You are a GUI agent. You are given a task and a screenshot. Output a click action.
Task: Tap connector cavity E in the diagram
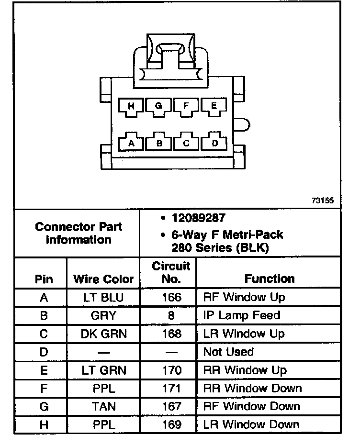pyautogui.click(x=213, y=106)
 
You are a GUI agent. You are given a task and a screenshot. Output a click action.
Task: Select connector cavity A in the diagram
pyautogui.click(x=132, y=142)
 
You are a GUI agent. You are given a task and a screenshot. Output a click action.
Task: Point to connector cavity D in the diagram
pyautogui.click(x=214, y=142)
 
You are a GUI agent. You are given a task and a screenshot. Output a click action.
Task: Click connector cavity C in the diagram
pyautogui.click(x=187, y=142)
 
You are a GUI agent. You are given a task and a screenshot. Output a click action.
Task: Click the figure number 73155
pyautogui.click(x=322, y=201)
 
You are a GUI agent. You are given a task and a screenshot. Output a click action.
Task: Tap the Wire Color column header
pyautogui.click(x=103, y=279)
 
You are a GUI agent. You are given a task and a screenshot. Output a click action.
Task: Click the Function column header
pyautogui.click(x=270, y=278)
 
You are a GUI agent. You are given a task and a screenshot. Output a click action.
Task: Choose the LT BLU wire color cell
pyautogui.click(x=103, y=297)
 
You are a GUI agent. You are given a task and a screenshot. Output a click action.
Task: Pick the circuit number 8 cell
pyautogui.click(x=171, y=315)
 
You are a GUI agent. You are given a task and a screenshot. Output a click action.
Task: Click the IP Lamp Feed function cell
pyautogui.click(x=242, y=315)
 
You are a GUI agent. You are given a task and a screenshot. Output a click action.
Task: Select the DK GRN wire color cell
pyautogui.click(x=103, y=334)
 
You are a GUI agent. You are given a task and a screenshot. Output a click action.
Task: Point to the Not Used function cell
pyautogui.click(x=228, y=352)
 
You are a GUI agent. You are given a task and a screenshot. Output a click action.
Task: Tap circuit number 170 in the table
pyautogui.click(x=171, y=370)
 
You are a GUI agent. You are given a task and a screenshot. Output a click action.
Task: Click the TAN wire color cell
pyautogui.click(x=103, y=406)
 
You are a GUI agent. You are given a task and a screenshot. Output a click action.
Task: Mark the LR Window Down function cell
pyautogui.click(x=251, y=424)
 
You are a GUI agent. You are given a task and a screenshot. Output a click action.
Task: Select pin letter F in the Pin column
pyautogui.click(x=44, y=388)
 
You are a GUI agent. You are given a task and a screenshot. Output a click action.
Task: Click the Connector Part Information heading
pyautogui.click(x=79, y=233)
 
